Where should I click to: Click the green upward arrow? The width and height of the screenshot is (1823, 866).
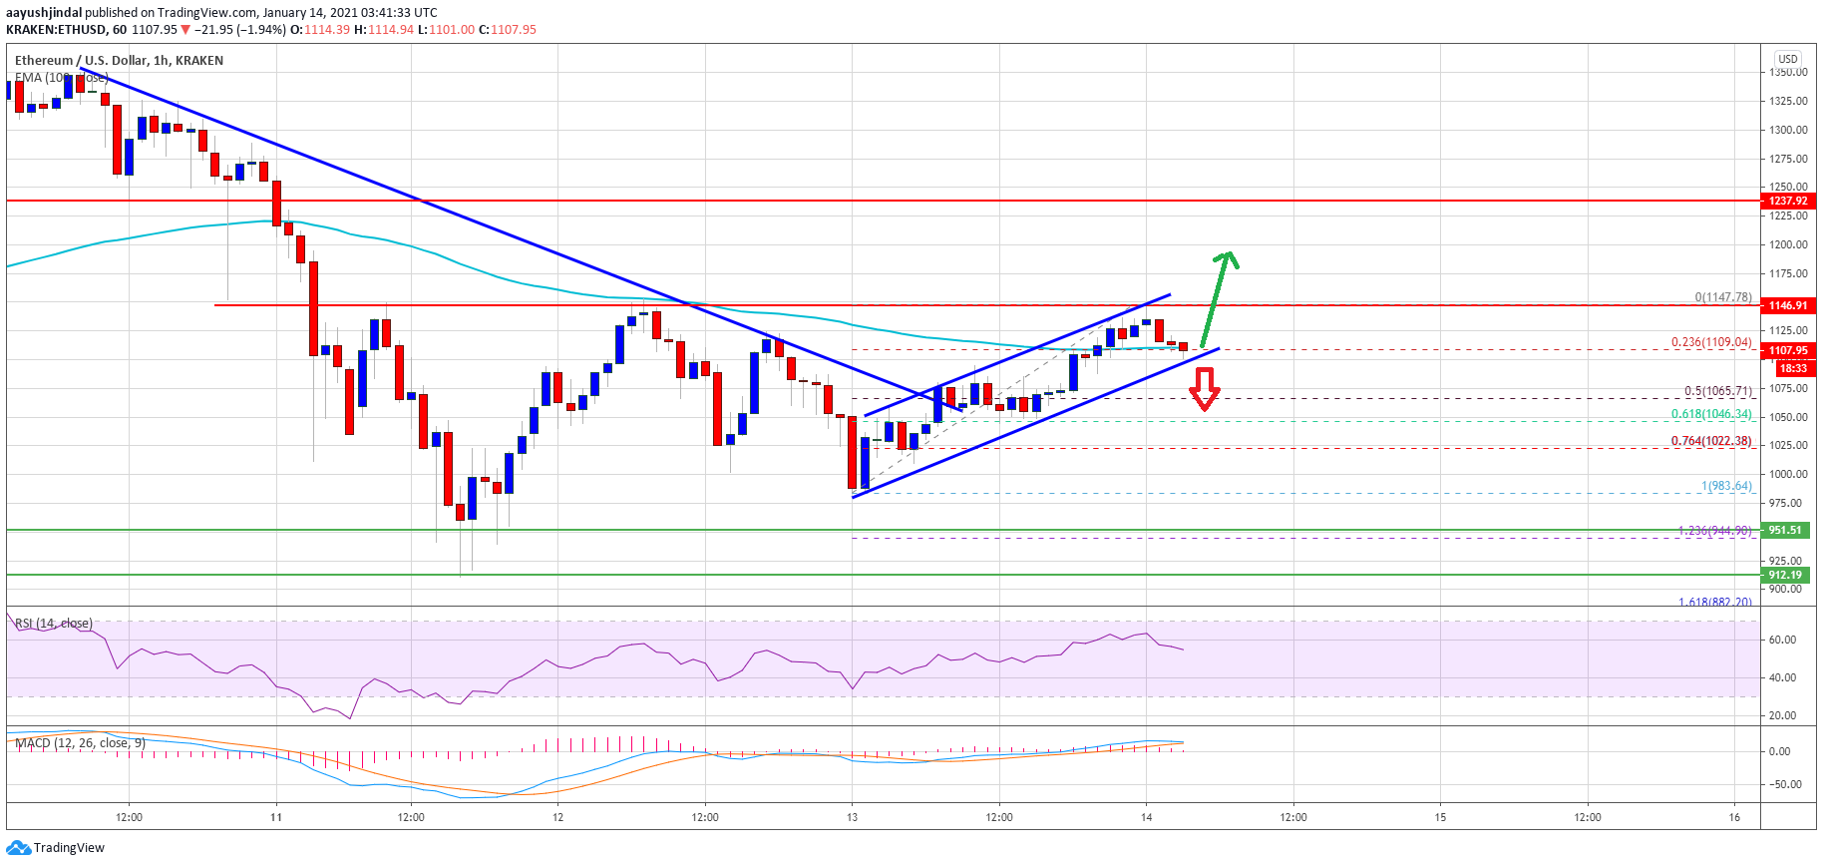pyautogui.click(x=1218, y=297)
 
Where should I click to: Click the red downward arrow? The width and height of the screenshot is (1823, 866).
pyautogui.click(x=1205, y=389)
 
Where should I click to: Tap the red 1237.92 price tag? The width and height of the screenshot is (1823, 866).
pyautogui.click(x=1787, y=201)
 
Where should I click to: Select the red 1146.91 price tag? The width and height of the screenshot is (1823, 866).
pyautogui.click(x=1787, y=305)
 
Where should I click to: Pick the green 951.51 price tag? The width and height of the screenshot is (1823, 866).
pyautogui.click(x=1785, y=530)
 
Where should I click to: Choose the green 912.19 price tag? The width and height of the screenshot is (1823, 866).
pyautogui.click(x=1785, y=575)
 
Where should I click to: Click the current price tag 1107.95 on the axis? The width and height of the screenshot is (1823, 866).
pyautogui.click(x=1787, y=350)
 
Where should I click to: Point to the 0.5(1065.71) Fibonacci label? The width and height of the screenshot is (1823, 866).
pyautogui.click(x=1717, y=391)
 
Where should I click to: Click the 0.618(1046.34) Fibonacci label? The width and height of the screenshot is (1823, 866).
pyautogui.click(x=1711, y=414)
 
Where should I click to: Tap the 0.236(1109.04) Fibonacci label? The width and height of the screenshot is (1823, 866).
pyautogui.click(x=1711, y=342)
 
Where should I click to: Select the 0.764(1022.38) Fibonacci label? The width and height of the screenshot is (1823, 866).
pyautogui.click(x=1711, y=441)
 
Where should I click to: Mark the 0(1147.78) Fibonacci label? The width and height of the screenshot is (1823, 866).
pyautogui.click(x=1723, y=297)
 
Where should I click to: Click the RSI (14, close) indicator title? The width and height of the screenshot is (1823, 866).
pyautogui.click(x=54, y=624)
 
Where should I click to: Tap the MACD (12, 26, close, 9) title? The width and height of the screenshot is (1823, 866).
pyautogui.click(x=80, y=743)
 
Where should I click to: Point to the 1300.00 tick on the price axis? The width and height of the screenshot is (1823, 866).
pyautogui.click(x=1788, y=130)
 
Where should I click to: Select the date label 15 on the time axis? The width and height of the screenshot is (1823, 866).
pyautogui.click(x=1440, y=817)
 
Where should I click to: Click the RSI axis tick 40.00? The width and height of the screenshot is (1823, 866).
pyautogui.click(x=1782, y=677)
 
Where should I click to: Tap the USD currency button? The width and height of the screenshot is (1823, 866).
pyautogui.click(x=1788, y=59)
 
